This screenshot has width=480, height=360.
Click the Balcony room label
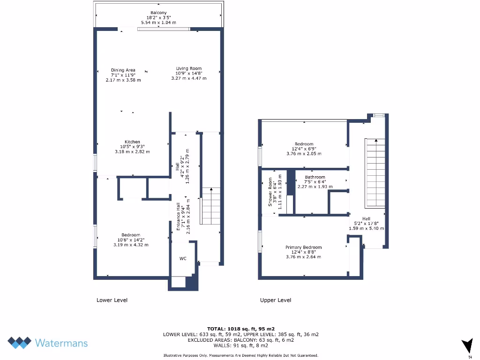click(x=158, y=13)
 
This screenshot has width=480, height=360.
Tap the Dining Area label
click(x=123, y=70)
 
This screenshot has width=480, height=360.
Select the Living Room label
click(x=189, y=68)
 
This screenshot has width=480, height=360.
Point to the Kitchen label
click(x=132, y=142)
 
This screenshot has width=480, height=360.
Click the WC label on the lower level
click(x=183, y=258)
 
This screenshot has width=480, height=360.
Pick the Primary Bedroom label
click(x=304, y=247)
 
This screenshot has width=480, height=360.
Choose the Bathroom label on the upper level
click(x=315, y=177)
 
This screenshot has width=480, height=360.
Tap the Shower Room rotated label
click(x=270, y=191)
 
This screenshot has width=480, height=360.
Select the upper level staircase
click(x=375, y=173)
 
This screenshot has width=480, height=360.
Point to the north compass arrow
click(x=467, y=346)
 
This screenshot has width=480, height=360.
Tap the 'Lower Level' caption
click(x=112, y=300)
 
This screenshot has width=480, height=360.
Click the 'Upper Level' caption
click(x=276, y=300)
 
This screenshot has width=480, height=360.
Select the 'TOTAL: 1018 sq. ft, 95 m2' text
click(x=240, y=329)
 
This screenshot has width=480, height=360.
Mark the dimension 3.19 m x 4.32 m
click(x=131, y=245)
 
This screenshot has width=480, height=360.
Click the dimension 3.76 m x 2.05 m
click(x=304, y=154)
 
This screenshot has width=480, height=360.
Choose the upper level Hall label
click(x=366, y=219)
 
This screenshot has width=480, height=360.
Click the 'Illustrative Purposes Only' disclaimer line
click(x=240, y=355)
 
